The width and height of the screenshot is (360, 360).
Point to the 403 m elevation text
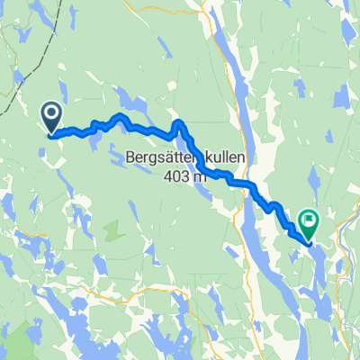[x=185, y=176]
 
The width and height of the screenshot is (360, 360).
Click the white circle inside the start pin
[x=50, y=112]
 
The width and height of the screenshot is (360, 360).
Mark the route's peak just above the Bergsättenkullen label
[x=179, y=123]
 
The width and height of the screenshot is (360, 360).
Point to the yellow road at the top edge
[x=213, y=7]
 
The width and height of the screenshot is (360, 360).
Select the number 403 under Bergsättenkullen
[x=177, y=176]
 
